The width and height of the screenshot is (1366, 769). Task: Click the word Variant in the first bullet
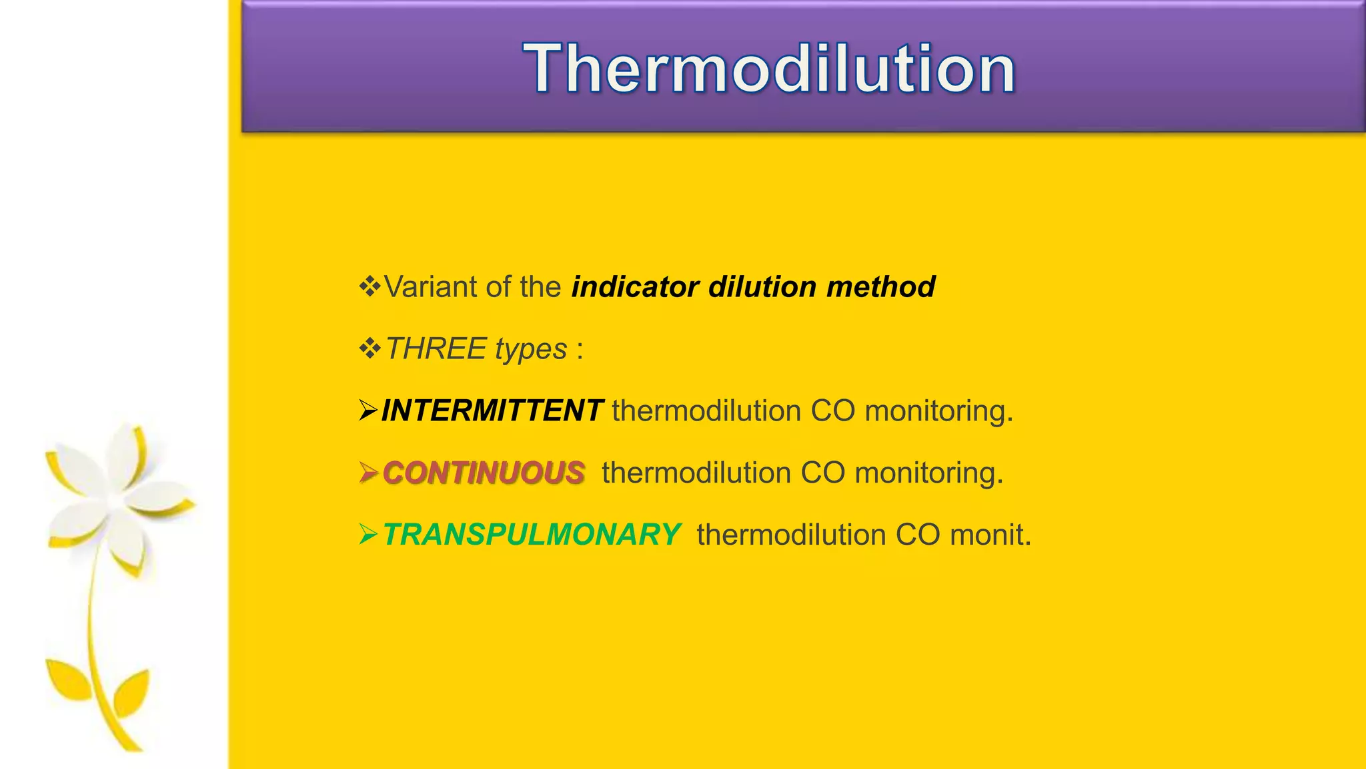[x=430, y=287]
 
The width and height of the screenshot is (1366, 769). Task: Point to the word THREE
[x=436, y=349]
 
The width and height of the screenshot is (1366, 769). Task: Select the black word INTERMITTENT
[x=492, y=411]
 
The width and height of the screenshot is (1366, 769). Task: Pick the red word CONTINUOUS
[x=484, y=473]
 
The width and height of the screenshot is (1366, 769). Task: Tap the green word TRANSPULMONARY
[x=532, y=535]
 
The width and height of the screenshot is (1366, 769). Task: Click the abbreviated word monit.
[x=990, y=535]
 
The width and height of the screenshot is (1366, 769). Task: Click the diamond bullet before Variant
[x=370, y=286]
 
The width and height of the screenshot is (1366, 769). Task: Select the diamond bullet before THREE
[x=370, y=348]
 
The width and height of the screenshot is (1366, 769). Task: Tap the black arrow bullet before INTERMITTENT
[x=368, y=410]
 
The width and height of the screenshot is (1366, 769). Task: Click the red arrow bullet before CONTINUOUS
[x=368, y=472]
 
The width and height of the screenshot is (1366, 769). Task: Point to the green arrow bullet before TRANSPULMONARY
[x=368, y=534]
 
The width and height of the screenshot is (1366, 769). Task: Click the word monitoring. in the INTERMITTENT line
[x=938, y=411]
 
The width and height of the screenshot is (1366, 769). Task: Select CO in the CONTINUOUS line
[x=822, y=473]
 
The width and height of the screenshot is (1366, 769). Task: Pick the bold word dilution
[x=762, y=287]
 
